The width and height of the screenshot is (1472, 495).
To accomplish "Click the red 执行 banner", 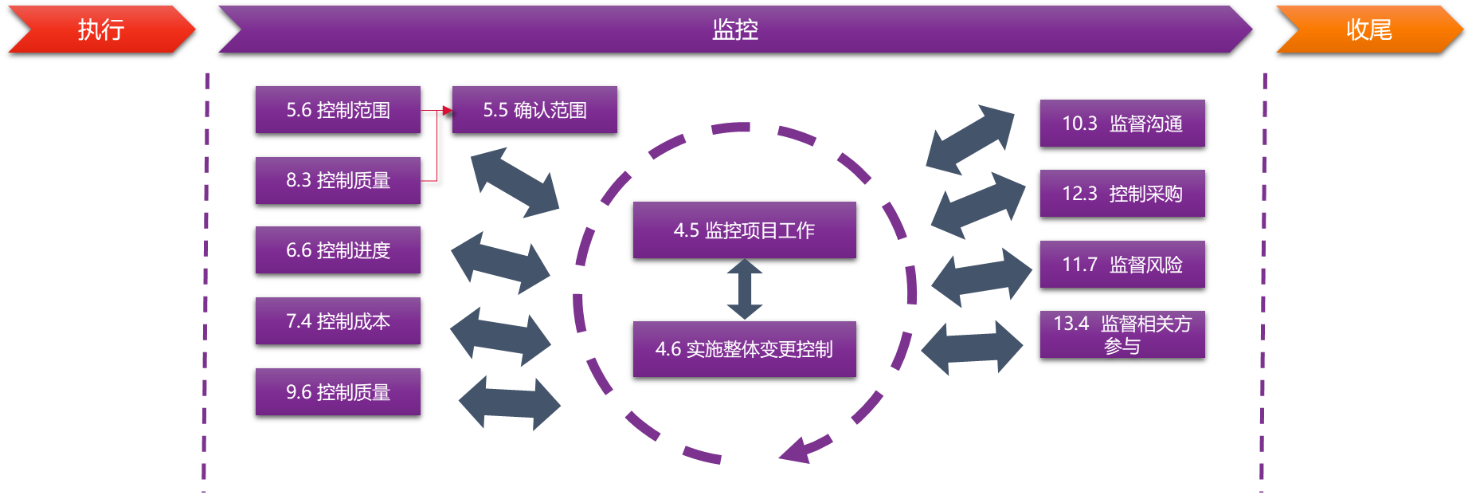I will (x=101, y=29).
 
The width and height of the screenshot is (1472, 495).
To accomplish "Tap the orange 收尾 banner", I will (x=1368, y=29).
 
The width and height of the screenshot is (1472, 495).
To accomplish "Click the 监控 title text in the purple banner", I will (x=734, y=29).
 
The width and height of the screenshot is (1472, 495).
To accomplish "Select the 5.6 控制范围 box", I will (x=338, y=110).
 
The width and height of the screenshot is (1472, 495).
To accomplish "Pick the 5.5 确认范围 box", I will (x=534, y=110).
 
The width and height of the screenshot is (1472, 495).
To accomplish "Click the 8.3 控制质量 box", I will (x=338, y=180).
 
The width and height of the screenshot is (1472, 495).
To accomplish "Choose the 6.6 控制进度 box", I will (x=338, y=250).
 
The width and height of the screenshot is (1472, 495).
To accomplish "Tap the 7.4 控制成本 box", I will (x=338, y=321).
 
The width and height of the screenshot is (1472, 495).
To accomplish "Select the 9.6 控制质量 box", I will (x=338, y=392).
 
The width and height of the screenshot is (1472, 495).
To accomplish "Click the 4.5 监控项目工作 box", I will (x=744, y=230).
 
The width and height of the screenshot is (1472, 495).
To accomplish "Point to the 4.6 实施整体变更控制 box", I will (x=744, y=349).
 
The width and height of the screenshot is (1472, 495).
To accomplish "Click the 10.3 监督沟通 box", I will (x=1122, y=124).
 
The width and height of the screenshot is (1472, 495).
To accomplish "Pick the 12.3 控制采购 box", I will (x=1122, y=194).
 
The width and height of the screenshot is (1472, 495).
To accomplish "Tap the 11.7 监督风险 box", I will (x=1122, y=265).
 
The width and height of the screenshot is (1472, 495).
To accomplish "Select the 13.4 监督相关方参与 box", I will (x=1122, y=335).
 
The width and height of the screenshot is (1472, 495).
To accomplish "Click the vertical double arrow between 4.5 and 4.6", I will (x=745, y=289).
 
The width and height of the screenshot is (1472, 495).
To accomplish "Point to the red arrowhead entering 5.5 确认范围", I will (x=447, y=110).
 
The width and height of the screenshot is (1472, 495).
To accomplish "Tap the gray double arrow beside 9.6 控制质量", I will (x=510, y=403).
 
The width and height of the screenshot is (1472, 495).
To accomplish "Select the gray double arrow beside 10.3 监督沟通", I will (x=970, y=139).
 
